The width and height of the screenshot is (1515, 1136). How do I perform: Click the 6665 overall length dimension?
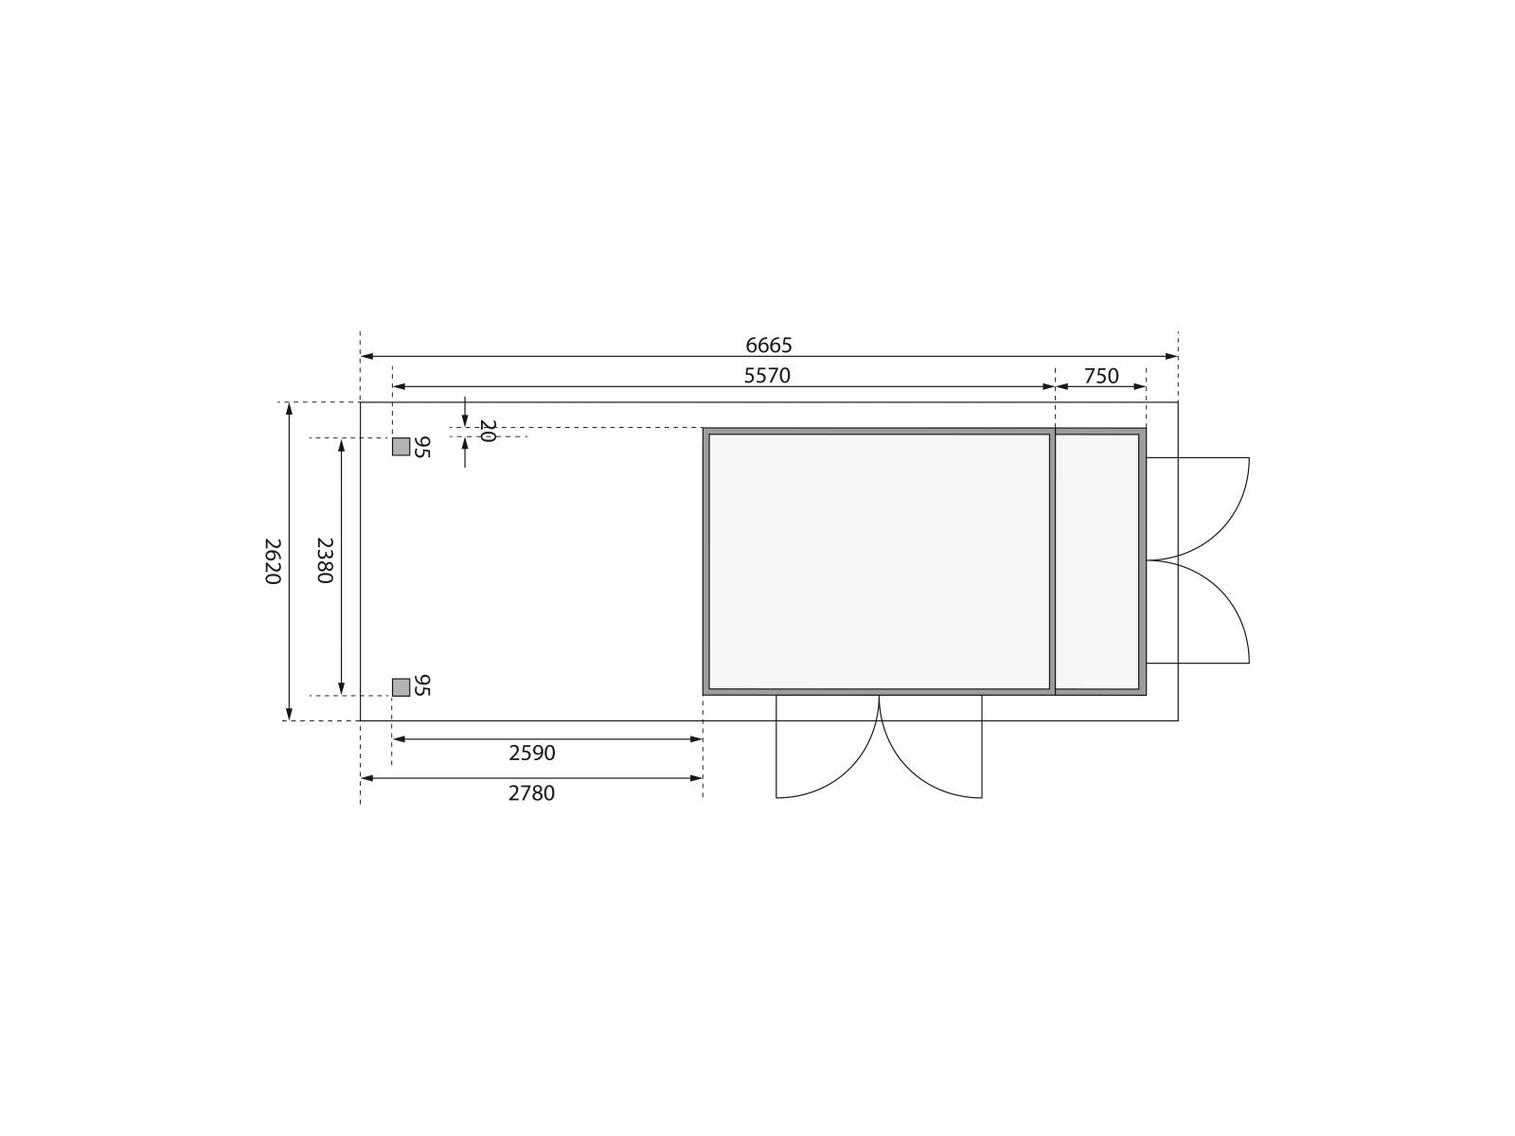click(x=768, y=345)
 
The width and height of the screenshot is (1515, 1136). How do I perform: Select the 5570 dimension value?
click(x=767, y=375)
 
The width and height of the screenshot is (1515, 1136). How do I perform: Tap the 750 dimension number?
click(x=1101, y=376)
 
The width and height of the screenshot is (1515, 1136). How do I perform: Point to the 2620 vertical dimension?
click(x=273, y=560)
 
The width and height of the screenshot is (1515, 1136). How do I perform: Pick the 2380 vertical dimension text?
click(x=325, y=560)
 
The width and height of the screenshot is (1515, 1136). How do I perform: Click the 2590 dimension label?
click(x=531, y=754)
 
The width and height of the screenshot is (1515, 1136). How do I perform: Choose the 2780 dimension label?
click(x=531, y=794)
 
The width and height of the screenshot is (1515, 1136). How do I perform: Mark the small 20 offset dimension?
click(x=488, y=431)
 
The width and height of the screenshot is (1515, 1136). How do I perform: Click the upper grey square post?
click(x=401, y=447)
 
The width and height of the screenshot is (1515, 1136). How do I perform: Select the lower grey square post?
click(x=401, y=687)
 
